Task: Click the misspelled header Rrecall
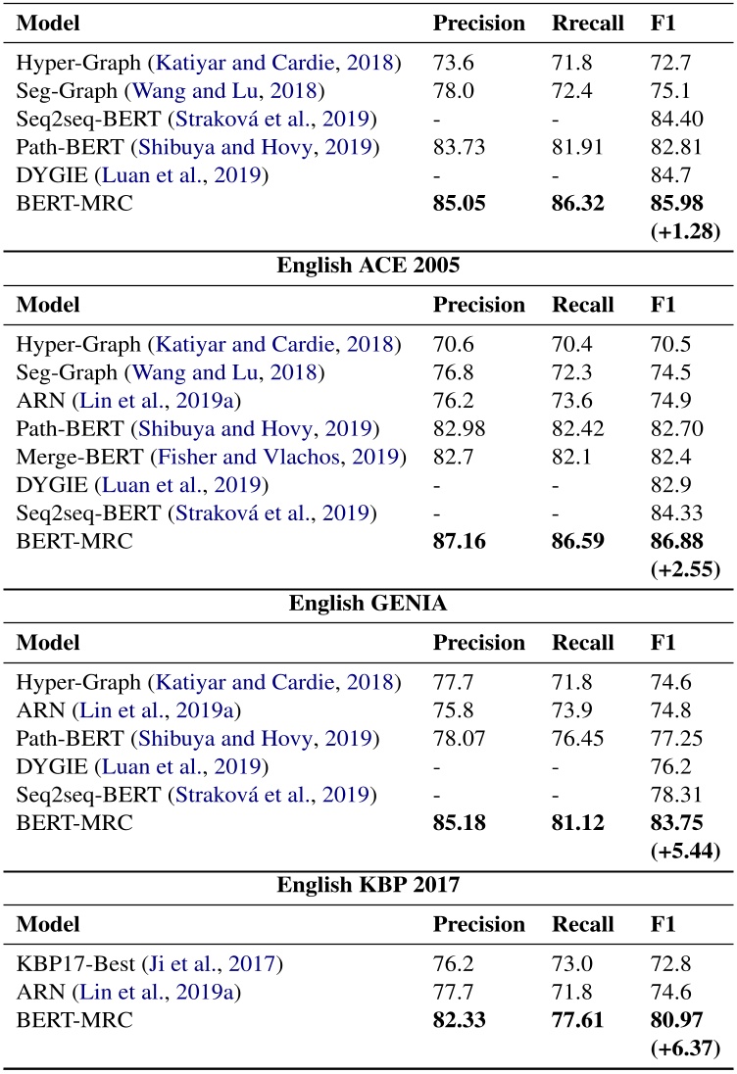588,23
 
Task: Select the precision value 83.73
458,148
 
